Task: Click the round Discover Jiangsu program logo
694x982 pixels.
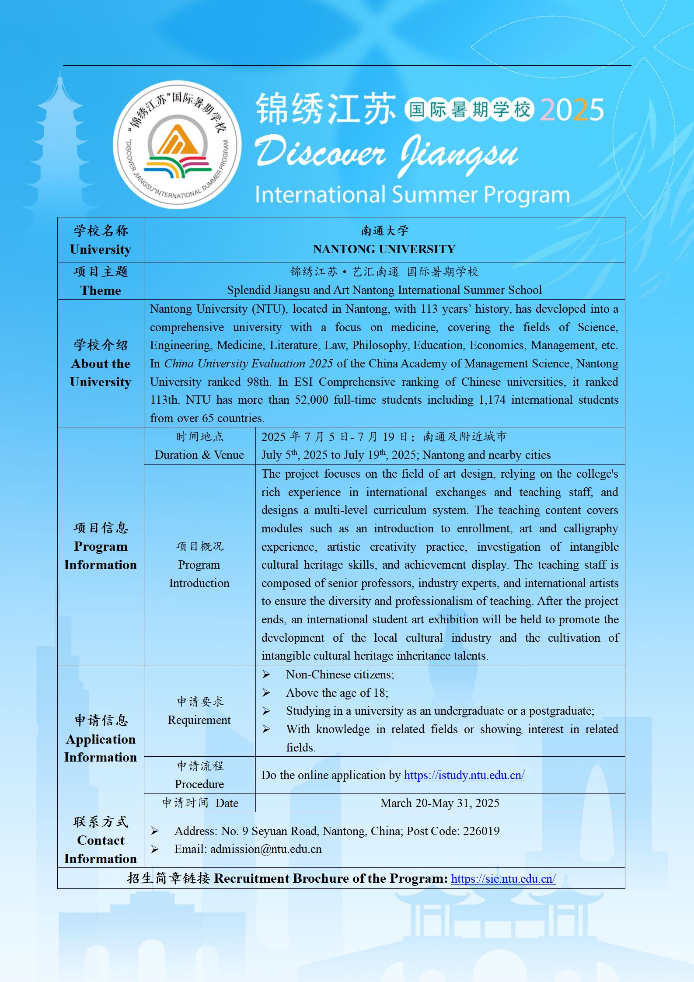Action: pyautogui.click(x=177, y=145)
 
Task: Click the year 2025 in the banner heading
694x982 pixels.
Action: pyautogui.click(x=572, y=110)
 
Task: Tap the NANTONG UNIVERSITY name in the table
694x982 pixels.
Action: pyautogui.click(x=384, y=249)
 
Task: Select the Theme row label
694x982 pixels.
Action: pyautogui.click(x=101, y=290)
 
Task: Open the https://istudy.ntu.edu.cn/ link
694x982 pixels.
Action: pyautogui.click(x=464, y=775)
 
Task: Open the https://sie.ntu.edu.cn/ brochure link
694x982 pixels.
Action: pyautogui.click(x=503, y=879)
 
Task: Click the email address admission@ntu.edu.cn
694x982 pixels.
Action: pyautogui.click(x=266, y=849)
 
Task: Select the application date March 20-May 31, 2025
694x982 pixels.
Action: pyautogui.click(x=439, y=803)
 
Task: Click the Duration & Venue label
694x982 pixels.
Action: pyautogui.click(x=199, y=455)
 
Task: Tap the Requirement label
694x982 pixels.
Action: pyautogui.click(x=199, y=720)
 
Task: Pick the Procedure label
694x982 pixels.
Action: pyautogui.click(x=199, y=784)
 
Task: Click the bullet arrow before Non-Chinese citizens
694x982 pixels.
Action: pyautogui.click(x=266, y=675)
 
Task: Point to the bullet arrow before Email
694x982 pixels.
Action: pyautogui.click(x=154, y=849)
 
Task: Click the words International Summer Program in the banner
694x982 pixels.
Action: pyautogui.click(x=412, y=195)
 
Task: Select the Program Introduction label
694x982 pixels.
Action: pyautogui.click(x=199, y=574)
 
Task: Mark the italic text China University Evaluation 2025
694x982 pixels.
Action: pyautogui.click(x=248, y=363)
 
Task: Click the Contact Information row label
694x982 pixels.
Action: pyautogui.click(x=101, y=849)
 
